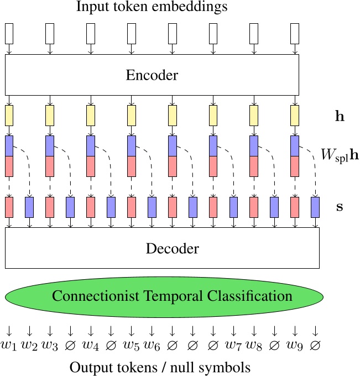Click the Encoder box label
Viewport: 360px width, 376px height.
[152, 75]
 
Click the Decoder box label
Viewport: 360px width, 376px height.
[172, 248]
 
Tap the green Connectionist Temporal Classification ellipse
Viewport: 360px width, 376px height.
[172, 296]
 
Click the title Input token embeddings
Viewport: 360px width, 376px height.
[152, 8]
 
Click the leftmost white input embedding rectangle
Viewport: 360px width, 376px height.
[9, 34]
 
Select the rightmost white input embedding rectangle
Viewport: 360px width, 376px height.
[295, 34]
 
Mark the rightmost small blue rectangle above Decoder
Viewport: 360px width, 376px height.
[315, 207]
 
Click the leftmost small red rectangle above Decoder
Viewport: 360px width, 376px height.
[9, 207]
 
